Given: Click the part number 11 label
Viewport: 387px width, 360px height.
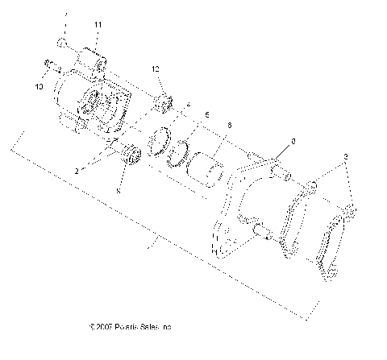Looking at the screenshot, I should [x=97, y=27].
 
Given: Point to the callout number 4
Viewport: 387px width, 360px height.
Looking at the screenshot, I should [x=188, y=104].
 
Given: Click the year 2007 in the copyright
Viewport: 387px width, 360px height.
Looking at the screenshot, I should [x=104, y=328].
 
